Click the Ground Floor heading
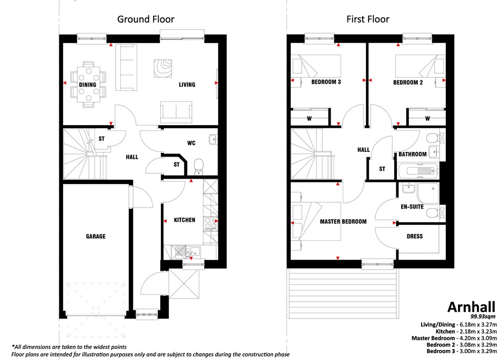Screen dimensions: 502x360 point(146,19)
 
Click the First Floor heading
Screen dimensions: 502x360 point(368,19)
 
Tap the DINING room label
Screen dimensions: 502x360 point(88,85)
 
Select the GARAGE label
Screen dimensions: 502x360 point(96,236)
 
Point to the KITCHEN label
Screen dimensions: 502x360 point(185,220)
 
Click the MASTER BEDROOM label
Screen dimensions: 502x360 point(343,221)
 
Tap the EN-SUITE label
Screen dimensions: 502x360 point(412,207)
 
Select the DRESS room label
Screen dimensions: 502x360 point(415,236)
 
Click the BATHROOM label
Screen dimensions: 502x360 point(413,154)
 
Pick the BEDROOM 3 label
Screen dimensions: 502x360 point(326,82)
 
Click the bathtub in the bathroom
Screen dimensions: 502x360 point(418,171)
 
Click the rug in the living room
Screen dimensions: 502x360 point(163,68)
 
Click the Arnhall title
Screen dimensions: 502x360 point(472,307)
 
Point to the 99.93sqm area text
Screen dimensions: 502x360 point(483,317)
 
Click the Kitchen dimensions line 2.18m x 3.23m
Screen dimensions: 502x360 point(466,332)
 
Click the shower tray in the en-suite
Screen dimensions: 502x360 point(428,193)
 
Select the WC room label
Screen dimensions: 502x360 point(191,143)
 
